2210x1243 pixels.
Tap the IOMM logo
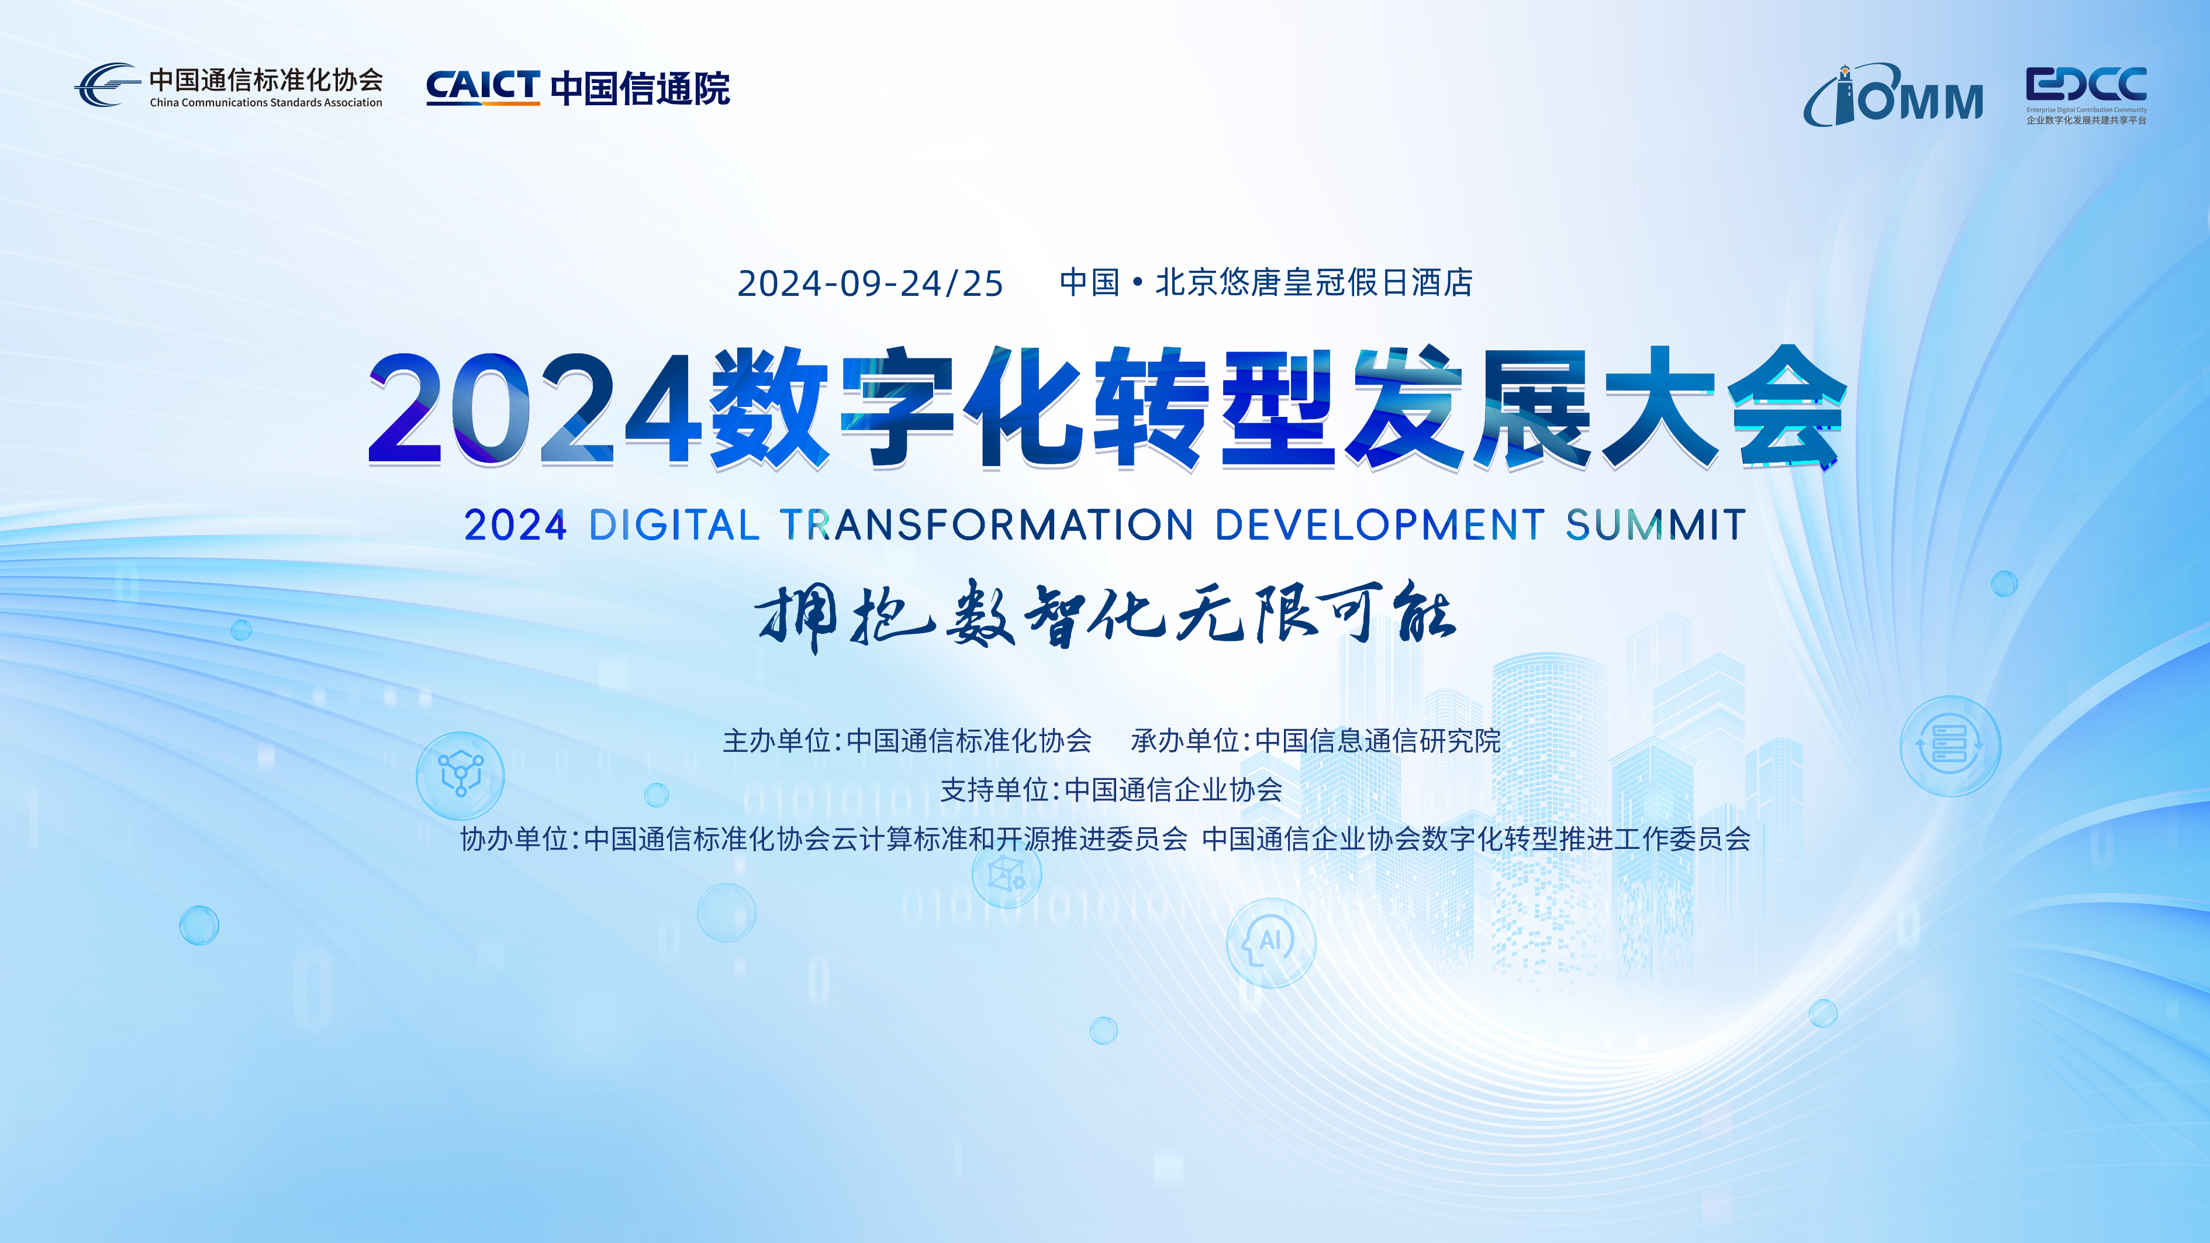[1894, 95]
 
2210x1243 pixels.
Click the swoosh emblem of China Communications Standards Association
[106, 84]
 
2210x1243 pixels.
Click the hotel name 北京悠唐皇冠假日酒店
[1314, 282]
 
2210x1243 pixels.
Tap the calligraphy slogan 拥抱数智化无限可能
[1105, 615]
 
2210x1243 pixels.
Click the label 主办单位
[776, 740]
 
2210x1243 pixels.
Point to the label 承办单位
[1185, 740]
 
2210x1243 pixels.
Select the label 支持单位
[994, 789]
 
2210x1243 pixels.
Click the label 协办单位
[514, 838]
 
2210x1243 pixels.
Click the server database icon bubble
[1950, 745]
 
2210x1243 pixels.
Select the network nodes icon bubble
[461, 775]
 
